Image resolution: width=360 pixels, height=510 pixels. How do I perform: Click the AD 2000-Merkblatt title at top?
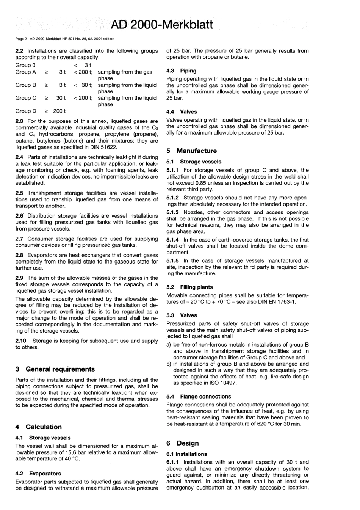[x=162, y=25]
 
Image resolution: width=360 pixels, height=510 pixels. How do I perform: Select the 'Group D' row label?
[x=26, y=111]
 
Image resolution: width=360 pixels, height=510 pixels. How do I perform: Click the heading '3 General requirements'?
[x=55, y=369]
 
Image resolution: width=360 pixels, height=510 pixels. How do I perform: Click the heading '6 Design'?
[x=182, y=443]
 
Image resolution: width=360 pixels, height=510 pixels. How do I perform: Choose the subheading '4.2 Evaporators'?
[x=38, y=474]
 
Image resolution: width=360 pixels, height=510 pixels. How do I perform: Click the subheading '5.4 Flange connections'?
[x=199, y=397]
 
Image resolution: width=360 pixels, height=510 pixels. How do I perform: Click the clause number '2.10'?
[x=21, y=341]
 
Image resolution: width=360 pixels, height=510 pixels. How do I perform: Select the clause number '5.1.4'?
[x=173, y=240]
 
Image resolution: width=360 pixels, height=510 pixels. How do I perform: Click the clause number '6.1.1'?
[x=173, y=462]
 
